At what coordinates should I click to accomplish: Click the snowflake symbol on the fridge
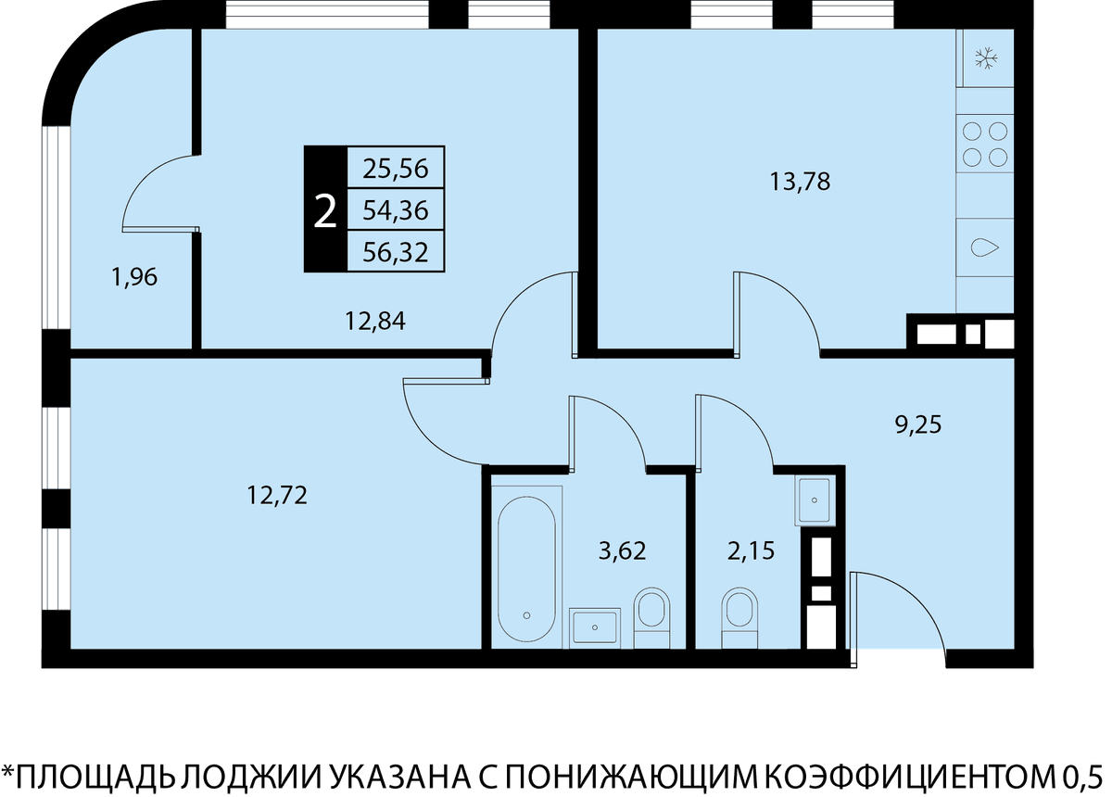986,58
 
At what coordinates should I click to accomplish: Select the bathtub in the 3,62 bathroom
526,569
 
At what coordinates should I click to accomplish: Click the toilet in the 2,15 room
739,617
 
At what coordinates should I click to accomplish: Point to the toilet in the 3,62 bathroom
651,618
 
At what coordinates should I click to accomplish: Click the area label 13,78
800,182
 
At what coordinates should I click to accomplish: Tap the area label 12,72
277,495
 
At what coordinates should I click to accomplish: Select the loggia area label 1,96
135,276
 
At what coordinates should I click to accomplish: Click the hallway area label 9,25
918,425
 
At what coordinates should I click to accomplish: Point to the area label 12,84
375,321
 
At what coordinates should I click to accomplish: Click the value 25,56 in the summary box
395,169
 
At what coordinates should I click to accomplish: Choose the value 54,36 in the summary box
395,210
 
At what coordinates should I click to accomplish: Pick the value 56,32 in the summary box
395,252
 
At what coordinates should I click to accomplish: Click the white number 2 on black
325,211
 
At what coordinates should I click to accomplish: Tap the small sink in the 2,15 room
815,500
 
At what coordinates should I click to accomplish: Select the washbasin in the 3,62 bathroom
595,627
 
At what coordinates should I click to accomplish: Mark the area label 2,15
751,550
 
